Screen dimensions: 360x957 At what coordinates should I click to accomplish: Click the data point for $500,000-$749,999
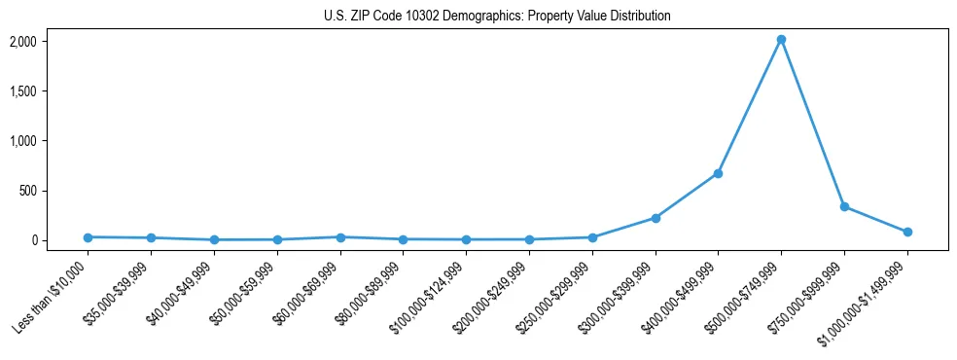point(781,40)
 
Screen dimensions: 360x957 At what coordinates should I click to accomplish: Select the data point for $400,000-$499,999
point(718,173)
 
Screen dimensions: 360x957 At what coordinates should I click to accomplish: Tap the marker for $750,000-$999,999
point(844,206)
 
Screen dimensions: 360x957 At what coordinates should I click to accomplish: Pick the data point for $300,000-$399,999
point(656,218)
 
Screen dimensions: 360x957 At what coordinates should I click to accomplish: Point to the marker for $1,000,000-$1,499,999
point(907,232)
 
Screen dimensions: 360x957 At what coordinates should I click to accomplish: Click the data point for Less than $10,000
point(89,236)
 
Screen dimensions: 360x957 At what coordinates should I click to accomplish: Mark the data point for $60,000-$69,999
point(340,236)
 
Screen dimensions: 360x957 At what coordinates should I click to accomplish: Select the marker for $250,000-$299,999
point(592,237)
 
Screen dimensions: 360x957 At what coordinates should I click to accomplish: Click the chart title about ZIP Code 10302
point(497,16)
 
